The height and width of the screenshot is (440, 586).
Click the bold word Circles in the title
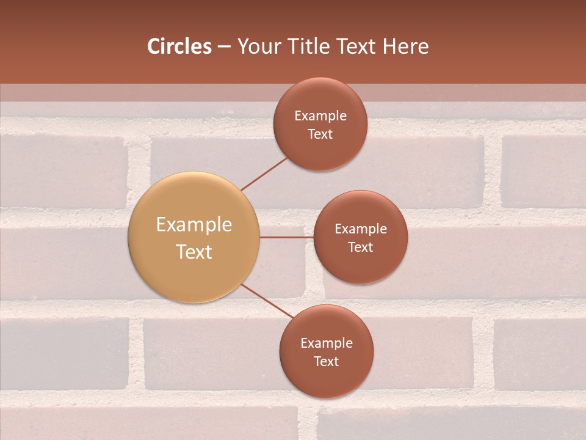(x=179, y=46)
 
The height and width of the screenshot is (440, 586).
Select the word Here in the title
(x=405, y=46)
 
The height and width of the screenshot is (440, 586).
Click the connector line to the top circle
(x=264, y=174)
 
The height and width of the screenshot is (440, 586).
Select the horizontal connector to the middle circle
(x=286, y=237)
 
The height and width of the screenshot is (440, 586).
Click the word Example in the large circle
(x=194, y=225)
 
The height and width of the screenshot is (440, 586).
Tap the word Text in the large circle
(x=194, y=252)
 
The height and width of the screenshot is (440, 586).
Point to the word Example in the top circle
(x=320, y=116)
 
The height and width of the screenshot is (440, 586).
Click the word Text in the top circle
(x=320, y=134)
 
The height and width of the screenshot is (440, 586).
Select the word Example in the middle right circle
(x=360, y=229)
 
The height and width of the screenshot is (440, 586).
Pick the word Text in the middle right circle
(x=360, y=247)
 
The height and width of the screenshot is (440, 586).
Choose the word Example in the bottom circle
(x=327, y=343)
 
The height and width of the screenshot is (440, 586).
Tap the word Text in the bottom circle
(x=327, y=361)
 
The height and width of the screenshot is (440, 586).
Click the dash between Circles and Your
(x=224, y=47)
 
